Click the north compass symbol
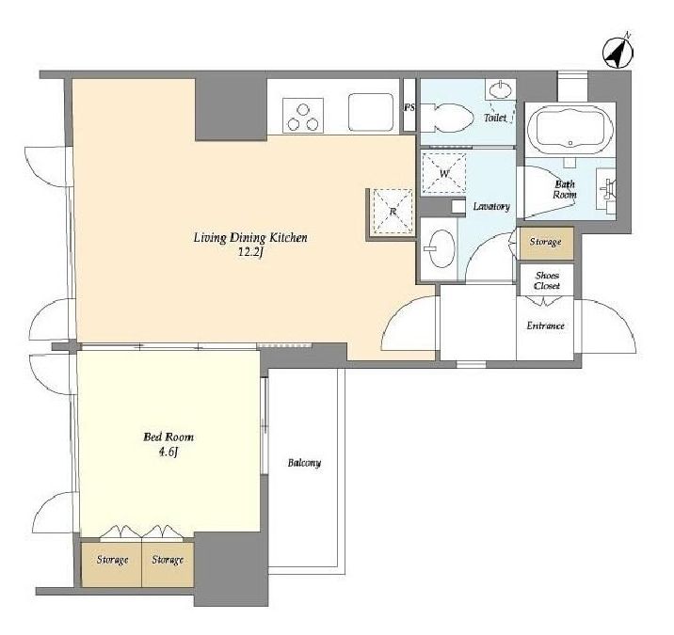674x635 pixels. tap(618, 53)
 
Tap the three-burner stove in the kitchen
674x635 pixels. tap(302, 116)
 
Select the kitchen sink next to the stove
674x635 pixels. tap(371, 112)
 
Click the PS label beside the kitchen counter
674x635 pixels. tap(409, 107)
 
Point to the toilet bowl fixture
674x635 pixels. tap(446, 118)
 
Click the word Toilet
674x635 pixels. tap(495, 118)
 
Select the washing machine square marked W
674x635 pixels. tap(444, 174)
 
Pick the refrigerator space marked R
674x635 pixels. tap(393, 212)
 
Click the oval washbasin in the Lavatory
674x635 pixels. tap(441, 248)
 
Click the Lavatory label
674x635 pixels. tap(491, 207)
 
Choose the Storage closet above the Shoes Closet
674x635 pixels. tap(546, 243)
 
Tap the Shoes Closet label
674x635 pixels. tap(547, 280)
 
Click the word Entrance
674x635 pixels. tap(545, 325)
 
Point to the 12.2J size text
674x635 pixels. tap(250, 252)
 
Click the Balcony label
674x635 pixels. tap(304, 463)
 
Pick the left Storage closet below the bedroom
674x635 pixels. tap(111, 564)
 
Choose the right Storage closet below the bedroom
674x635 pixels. tap(168, 564)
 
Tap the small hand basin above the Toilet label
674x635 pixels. tap(500, 90)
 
